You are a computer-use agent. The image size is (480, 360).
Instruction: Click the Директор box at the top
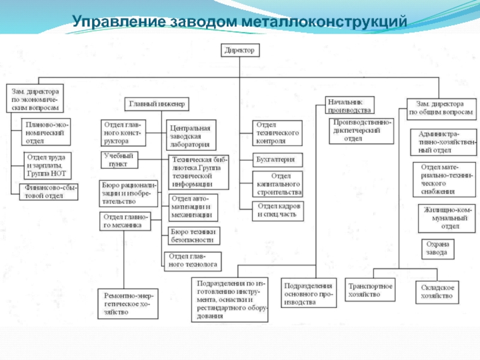coord(239,51)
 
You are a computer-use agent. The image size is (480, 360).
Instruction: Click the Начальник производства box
coord(350,106)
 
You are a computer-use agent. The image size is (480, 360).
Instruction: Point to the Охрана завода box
coord(437,248)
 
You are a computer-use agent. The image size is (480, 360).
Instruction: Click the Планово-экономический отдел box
coord(46,133)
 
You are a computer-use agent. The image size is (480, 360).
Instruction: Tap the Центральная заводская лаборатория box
coord(191,136)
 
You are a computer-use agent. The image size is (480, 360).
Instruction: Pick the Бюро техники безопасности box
coord(192,235)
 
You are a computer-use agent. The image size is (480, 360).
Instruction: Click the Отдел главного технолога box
coord(192,261)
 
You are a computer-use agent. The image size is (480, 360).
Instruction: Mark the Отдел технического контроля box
coord(277,133)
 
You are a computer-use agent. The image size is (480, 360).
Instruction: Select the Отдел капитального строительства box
coord(277,184)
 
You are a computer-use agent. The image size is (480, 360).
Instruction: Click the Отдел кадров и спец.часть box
coord(278,210)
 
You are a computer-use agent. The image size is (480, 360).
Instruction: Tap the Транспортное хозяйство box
coord(371,290)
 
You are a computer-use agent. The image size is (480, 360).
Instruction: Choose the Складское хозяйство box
coord(437,292)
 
